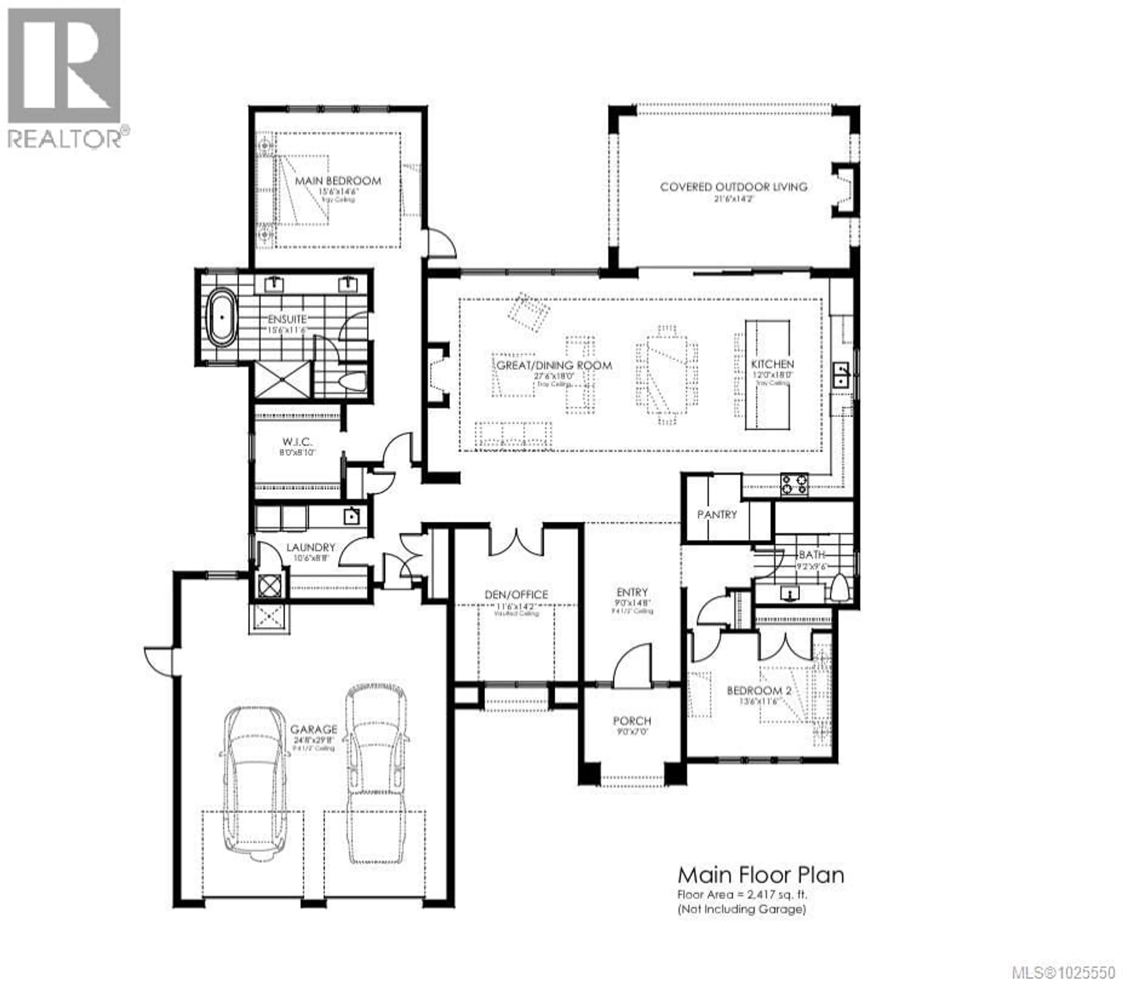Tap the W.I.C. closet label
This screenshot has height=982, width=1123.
click(x=297, y=442)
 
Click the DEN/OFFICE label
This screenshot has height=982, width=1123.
click(x=516, y=595)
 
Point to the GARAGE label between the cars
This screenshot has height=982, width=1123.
click(x=314, y=729)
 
